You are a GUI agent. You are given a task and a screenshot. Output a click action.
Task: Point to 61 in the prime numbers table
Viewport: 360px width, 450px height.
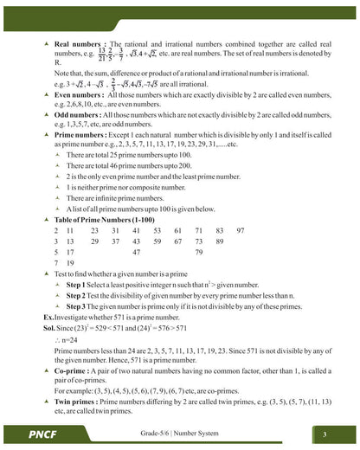pos(177,231)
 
